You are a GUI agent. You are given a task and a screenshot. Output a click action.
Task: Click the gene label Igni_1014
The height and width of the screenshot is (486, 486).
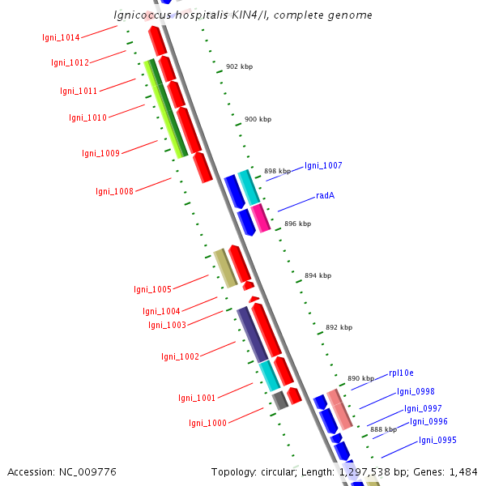tap(62, 37)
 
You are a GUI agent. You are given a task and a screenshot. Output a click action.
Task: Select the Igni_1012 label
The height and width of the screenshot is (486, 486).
tap(70, 62)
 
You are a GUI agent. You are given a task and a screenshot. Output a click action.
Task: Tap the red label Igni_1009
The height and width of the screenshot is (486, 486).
tap(100, 153)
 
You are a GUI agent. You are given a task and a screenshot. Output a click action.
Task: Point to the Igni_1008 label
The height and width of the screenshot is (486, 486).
tap(114, 191)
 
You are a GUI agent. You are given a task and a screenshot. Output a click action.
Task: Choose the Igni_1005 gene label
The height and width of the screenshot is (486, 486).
tap(152, 289)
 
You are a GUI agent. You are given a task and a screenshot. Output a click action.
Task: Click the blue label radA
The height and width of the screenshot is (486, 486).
tap(326, 196)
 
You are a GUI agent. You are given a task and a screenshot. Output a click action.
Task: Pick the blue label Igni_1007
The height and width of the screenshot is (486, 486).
tap(323, 165)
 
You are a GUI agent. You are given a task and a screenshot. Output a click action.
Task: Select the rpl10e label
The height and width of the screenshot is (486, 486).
tap(401, 373)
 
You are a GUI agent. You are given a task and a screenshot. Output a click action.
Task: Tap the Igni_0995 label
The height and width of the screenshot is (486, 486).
tap(437, 441)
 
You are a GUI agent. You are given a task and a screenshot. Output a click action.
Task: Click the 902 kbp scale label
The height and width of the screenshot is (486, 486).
tap(239, 66)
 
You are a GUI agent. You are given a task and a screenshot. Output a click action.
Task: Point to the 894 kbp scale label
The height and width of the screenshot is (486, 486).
tap(318, 275)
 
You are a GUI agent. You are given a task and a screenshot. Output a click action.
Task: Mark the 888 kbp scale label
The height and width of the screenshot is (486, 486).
tap(383, 429)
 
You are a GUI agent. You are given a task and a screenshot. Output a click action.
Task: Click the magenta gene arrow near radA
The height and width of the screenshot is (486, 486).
tap(260, 218)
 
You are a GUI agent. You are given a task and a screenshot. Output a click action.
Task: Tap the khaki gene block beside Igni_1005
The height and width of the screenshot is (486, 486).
tap(225, 267)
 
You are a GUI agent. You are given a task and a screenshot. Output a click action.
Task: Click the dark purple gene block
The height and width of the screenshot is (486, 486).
tap(252, 334)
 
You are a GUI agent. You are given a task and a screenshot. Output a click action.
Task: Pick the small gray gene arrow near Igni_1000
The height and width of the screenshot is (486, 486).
tap(280, 399)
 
